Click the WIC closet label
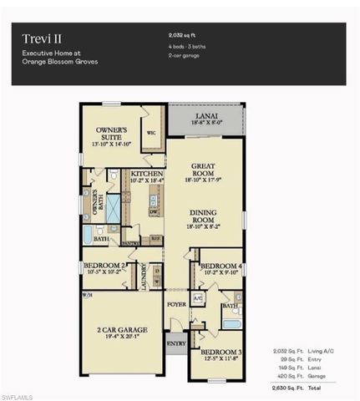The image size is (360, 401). (x=151, y=132)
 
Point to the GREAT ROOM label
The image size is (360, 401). (x=204, y=170)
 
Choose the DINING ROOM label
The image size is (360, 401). (x=204, y=216)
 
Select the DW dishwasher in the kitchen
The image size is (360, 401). (x=154, y=212)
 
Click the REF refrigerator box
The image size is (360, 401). (x=155, y=239)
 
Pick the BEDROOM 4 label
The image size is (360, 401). (x=221, y=266)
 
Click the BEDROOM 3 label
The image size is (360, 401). (x=220, y=352)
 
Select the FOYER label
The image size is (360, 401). (x=176, y=304)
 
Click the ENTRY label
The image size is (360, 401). (x=175, y=343)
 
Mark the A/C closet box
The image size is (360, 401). (x=198, y=297)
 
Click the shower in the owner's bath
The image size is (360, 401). (x=113, y=208)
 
